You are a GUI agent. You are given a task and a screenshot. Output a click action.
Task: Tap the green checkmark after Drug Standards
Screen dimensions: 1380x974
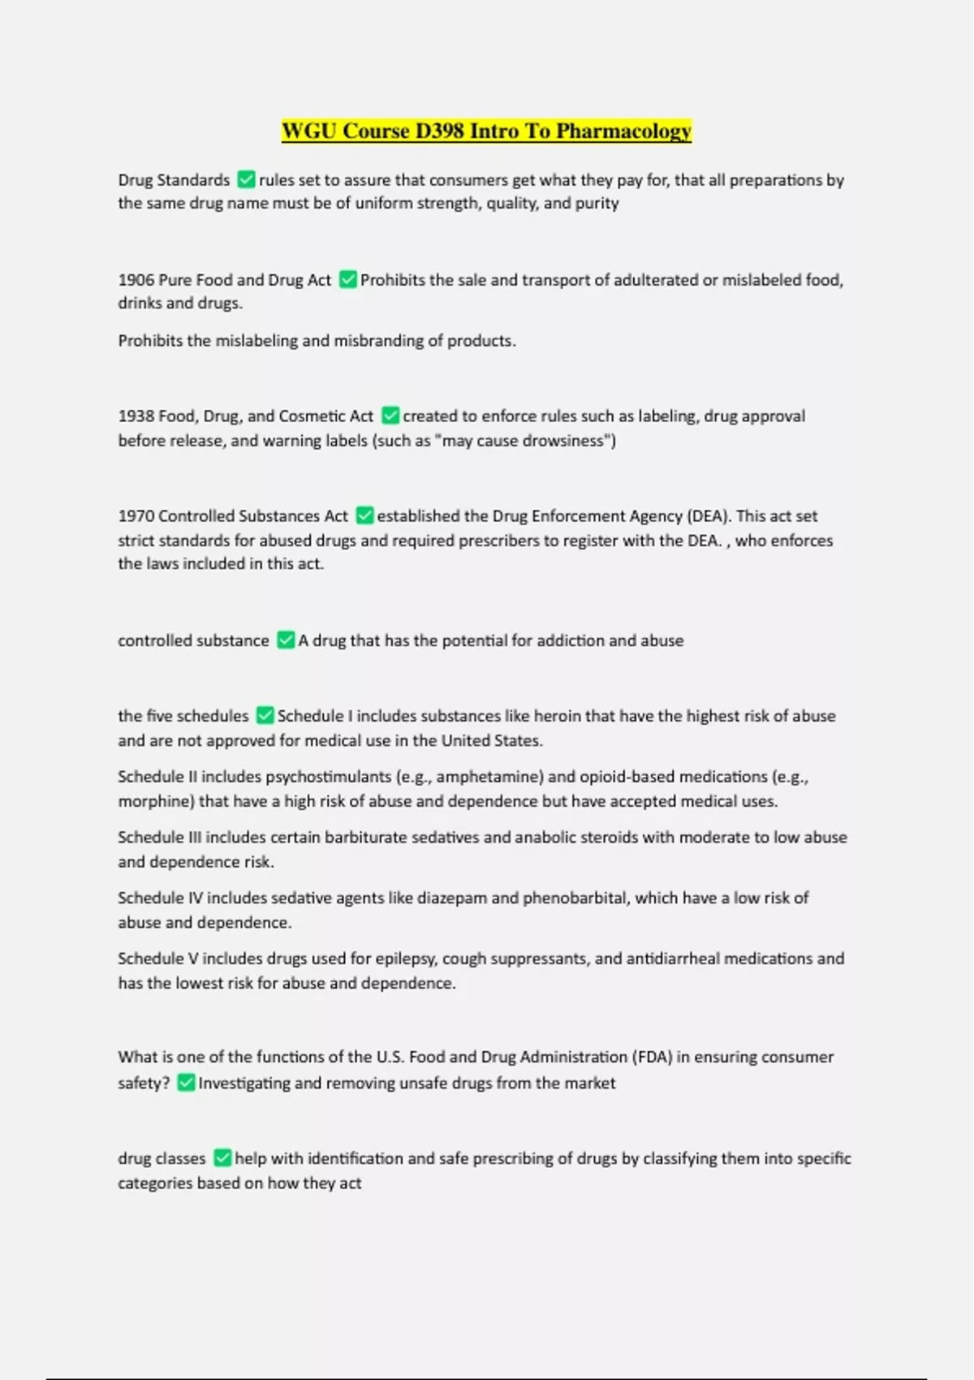tap(246, 179)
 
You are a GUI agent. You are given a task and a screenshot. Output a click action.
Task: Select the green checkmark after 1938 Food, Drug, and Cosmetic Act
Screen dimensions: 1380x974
tap(390, 416)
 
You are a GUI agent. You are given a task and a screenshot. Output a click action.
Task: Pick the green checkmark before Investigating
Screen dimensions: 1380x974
tap(186, 1082)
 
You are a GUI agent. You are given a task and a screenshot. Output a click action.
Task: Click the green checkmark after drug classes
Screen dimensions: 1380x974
tap(222, 1158)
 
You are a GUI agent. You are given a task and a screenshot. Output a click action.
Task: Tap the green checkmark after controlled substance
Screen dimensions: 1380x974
tap(286, 640)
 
